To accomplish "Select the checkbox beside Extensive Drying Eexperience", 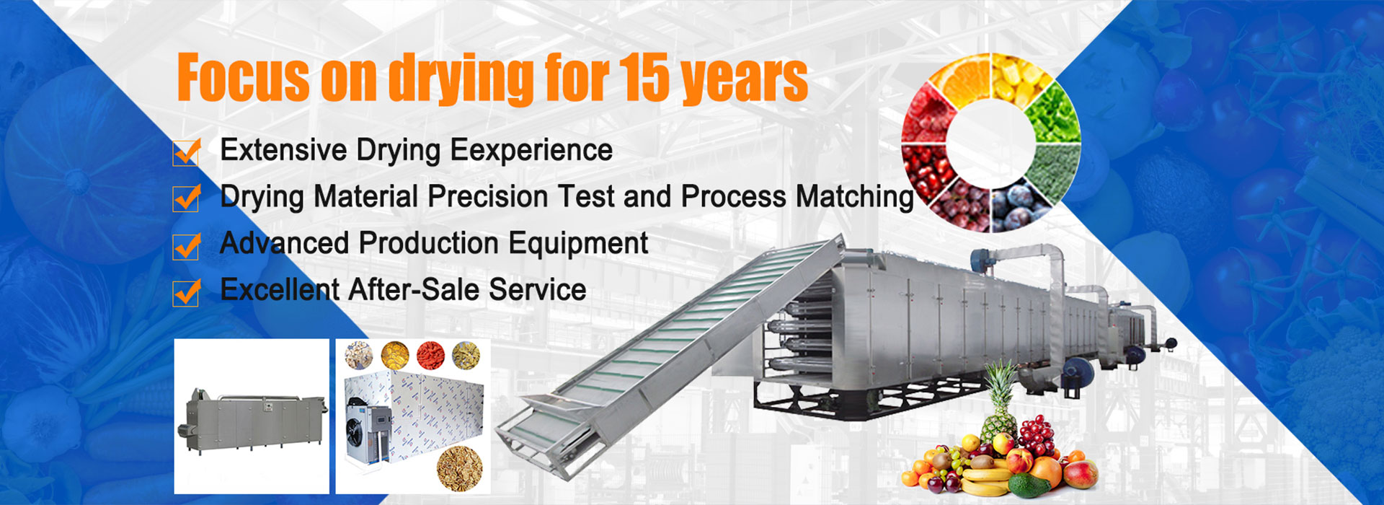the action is (187, 151).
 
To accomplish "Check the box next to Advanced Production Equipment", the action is (187, 245).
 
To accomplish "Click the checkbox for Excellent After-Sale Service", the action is (187, 292).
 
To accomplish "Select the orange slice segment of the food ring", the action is (959, 79).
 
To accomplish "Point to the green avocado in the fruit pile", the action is (1029, 484).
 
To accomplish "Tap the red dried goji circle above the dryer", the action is (430, 355).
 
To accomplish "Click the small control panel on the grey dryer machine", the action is (267, 408).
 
